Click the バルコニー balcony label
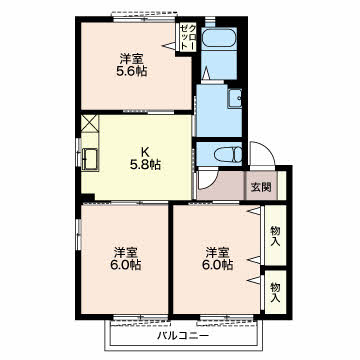[x=183, y=336]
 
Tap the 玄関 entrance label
[x=261, y=187]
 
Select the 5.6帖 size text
[x=132, y=71]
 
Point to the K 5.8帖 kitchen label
[x=145, y=158]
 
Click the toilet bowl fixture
[x=228, y=155]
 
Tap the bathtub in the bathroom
[x=219, y=39]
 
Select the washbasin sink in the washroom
[x=235, y=98]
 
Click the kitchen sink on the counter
[x=90, y=159]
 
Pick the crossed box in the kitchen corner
[x=89, y=123]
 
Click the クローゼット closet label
[x=188, y=37]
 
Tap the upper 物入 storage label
[x=275, y=235]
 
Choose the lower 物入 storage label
[x=275, y=292]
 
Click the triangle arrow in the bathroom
[x=206, y=73]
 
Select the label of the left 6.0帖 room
[x=125, y=259]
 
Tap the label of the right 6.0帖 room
[x=217, y=259]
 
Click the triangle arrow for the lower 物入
[x=254, y=280]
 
